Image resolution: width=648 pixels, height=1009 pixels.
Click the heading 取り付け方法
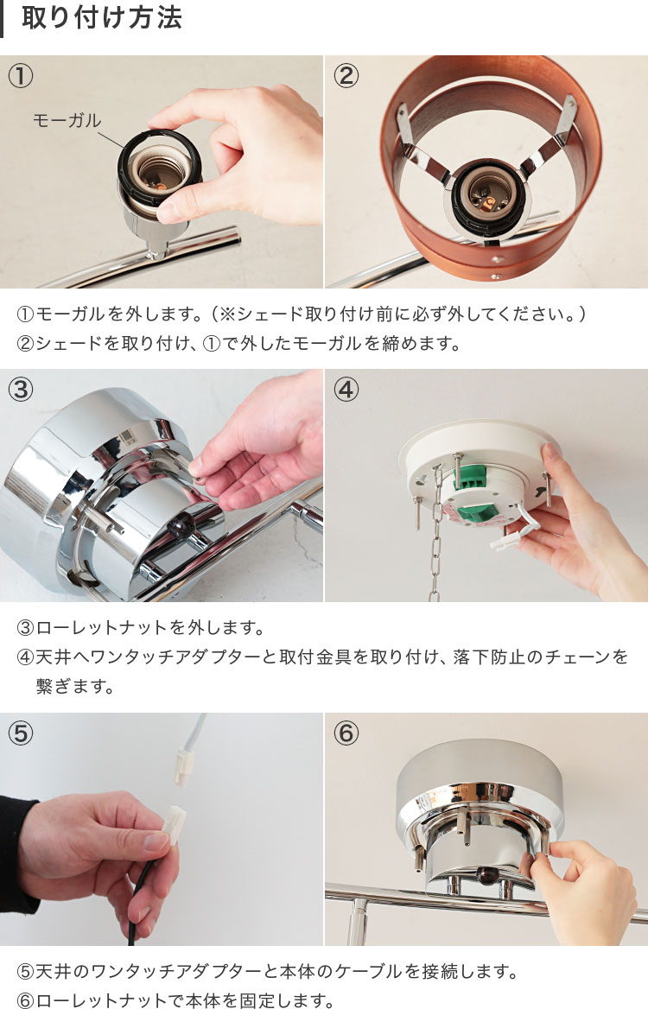pyautogui.click(x=102, y=17)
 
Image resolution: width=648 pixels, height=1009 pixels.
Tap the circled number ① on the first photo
pyautogui.click(x=21, y=76)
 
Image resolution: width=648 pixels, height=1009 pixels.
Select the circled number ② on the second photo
pyautogui.click(x=346, y=76)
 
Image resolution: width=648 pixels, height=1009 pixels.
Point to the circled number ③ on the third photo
pyautogui.click(x=21, y=390)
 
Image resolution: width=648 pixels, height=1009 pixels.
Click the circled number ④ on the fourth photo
pyautogui.click(x=346, y=390)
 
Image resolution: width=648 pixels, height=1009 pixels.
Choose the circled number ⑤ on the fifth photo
pyautogui.click(x=21, y=733)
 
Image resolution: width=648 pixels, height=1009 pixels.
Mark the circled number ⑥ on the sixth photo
pyautogui.click(x=346, y=733)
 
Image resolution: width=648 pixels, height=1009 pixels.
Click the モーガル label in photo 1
pyautogui.click(x=67, y=120)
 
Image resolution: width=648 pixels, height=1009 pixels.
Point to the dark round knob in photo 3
pyautogui.click(x=181, y=526)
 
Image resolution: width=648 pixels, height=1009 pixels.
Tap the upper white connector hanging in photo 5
pyautogui.click(x=184, y=769)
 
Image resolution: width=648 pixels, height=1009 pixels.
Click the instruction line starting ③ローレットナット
pyautogui.click(x=141, y=627)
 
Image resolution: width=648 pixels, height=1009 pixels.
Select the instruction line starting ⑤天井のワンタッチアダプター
pyautogui.click(x=267, y=971)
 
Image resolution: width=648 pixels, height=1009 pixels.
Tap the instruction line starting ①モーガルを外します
pyautogui.click(x=302, y=314)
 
